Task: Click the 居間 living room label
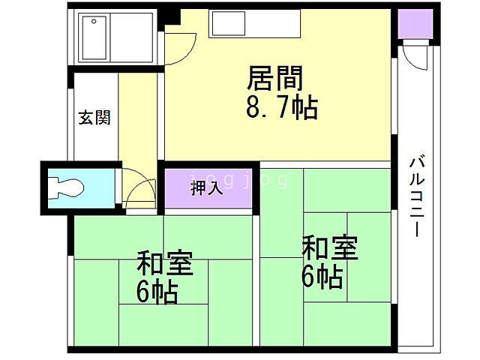pyautogui.click(x=275, y=78)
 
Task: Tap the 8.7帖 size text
pyautogui.click(x=281, y=108)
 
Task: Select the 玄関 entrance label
pyautogui.click(x=95, y=118)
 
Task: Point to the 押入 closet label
pyautogui.click(x=206, y=188)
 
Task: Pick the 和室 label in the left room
pyautogui.click(x=164, y=265)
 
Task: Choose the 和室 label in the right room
pyautogui.click(x=330, y=247)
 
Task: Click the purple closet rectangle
pyautogui.click(x=206, y=188)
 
